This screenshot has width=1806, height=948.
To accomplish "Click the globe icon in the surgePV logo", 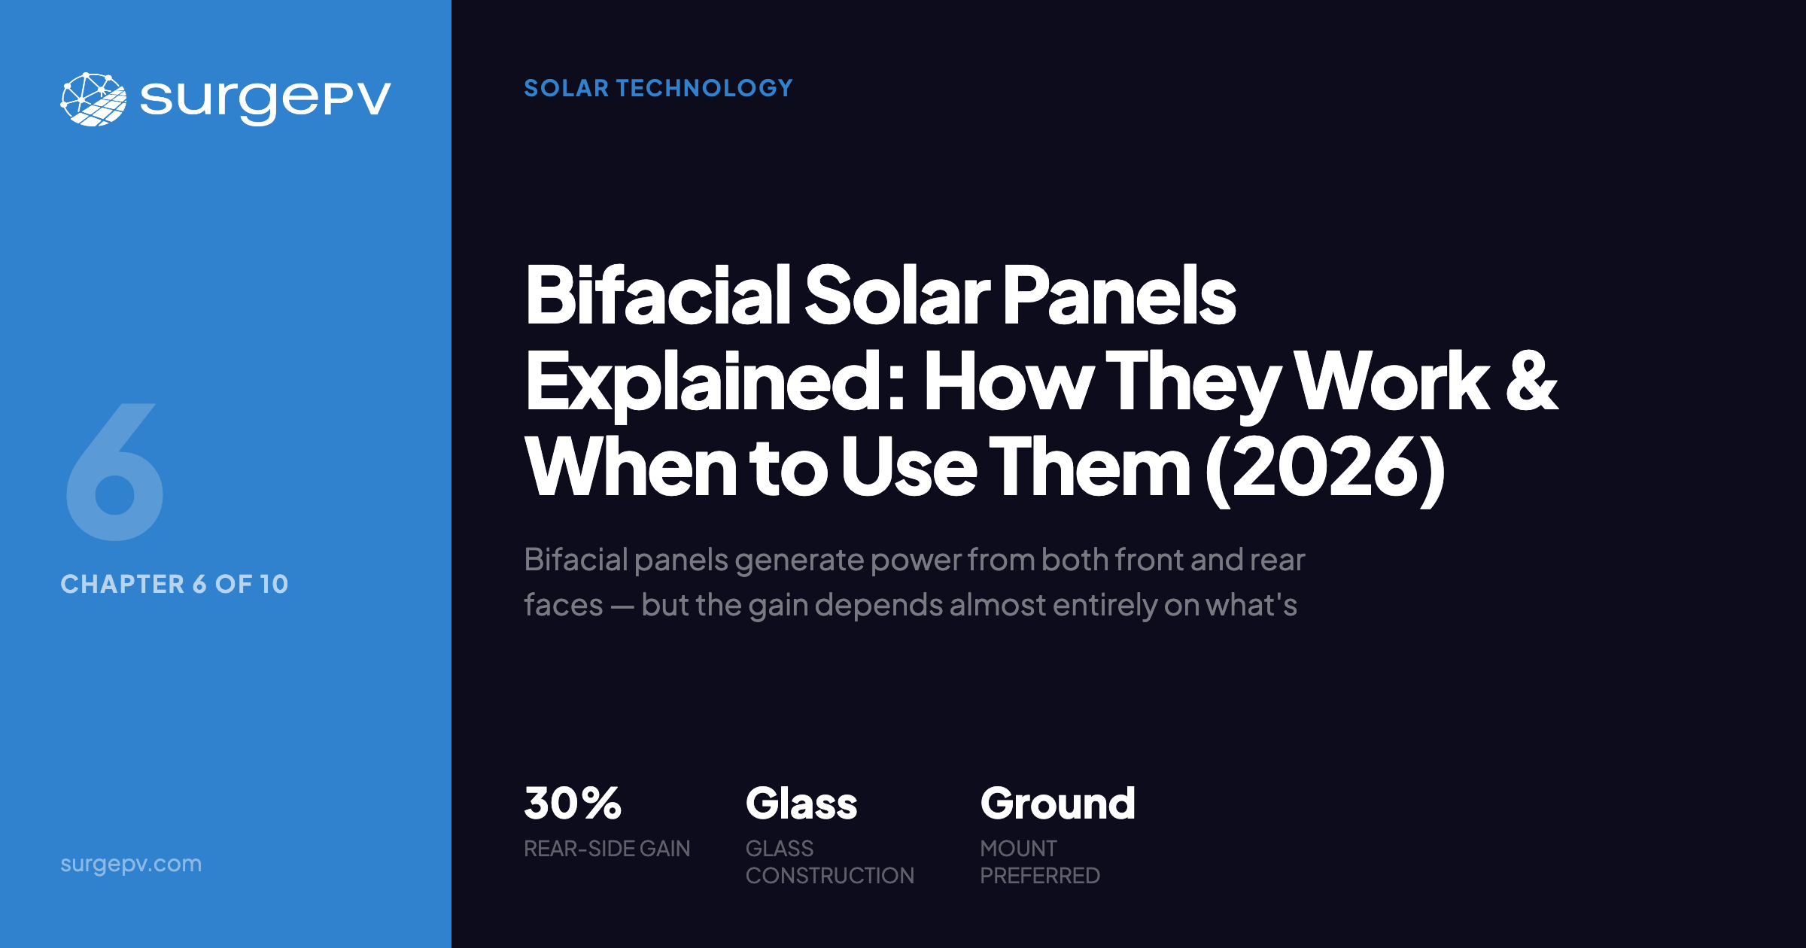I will click(93, 99).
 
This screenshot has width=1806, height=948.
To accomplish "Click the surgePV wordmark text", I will click(265, 99).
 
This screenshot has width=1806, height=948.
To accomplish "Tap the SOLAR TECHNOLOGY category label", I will click(658, 88).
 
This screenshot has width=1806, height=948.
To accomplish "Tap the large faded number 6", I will click(115, 472).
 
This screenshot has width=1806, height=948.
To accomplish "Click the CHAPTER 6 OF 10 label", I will click(174, 584).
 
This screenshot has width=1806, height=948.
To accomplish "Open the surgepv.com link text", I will click(131, 863).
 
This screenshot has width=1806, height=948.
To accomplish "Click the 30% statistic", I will click(573, 804).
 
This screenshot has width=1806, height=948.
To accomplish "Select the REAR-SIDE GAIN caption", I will click(607, 849).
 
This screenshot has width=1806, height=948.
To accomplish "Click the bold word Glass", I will click(801, 804).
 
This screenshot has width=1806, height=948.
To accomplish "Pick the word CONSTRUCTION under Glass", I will click(829, 876).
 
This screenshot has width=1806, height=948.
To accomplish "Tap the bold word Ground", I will click(1057, 804).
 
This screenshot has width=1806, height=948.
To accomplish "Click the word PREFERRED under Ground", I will click(1039, 876).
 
